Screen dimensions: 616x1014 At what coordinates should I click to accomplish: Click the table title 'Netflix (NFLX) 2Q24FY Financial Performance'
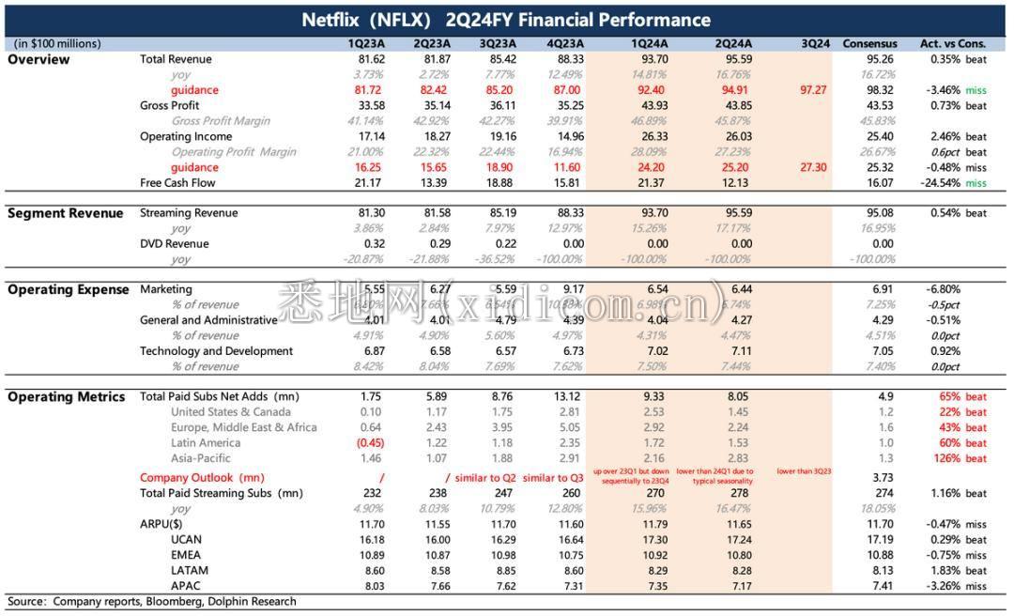[506, 20]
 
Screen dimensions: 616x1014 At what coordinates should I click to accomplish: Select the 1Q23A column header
[365, 43]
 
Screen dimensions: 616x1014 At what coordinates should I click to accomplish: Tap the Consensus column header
[869, 43]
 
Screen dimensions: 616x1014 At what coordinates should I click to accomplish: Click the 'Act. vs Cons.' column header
[953, 43]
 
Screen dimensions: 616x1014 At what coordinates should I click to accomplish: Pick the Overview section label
[38, 59]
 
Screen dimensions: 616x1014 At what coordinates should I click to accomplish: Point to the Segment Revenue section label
[66, 213]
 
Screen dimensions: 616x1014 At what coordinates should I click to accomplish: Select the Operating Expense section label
[69, 289]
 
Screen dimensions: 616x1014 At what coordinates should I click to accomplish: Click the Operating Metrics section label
[67, 397]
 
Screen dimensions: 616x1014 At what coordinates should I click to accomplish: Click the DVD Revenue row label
[175, 244]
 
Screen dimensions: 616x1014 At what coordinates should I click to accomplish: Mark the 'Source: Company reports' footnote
[152, 601]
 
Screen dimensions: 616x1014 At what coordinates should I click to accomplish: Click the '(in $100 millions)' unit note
[57, 43]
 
